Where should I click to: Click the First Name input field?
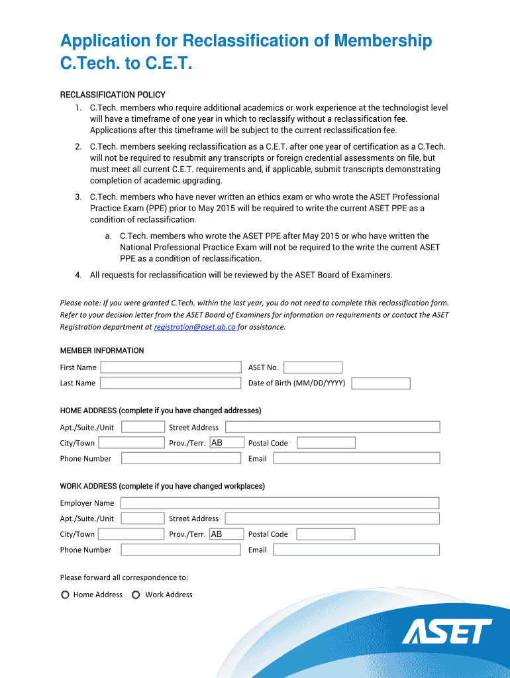pos(171,367)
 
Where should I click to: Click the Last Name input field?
pos(171,383)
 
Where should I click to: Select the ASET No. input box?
pos(313,367)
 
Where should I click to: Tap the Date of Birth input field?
pos(381,383)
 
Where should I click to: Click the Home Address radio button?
pos(65,595)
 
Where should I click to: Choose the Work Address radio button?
pos(136,595)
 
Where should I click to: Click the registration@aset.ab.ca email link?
pos(195,327)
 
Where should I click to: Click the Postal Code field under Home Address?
pos(326,443)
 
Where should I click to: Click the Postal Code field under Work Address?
pos(326,534)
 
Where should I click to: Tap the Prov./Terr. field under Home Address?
pos(226,443)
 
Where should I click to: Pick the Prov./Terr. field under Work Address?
pos(226,534)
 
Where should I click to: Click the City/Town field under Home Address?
pos(131,443)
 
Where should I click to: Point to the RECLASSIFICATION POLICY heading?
pos(113,95)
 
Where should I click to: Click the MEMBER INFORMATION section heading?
pos(102,350)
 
